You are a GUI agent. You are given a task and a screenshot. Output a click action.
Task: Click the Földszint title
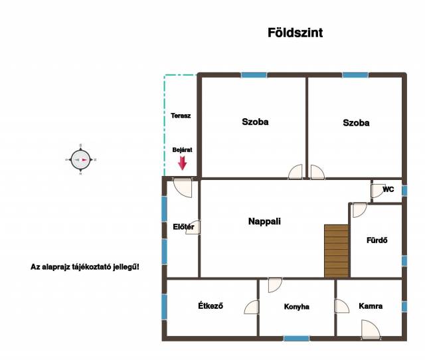coord(295,33)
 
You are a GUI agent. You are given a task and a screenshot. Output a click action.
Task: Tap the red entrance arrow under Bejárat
coord(183,163)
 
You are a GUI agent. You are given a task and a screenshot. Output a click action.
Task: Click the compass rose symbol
coord(81,159)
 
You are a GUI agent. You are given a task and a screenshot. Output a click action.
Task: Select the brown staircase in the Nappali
coord(337,251)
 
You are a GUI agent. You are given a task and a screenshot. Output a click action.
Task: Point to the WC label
coord(388,189)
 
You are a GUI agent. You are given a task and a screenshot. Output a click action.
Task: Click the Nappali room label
coord(264,221)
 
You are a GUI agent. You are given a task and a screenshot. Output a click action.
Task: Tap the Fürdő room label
coord(377,240)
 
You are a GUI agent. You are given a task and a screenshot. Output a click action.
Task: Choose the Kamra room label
coord(371,306)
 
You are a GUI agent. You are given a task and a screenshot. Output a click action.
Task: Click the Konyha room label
coord(297,307)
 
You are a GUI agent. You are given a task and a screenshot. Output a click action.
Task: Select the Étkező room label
coord(211,306)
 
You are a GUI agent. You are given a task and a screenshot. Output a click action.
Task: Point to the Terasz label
coord(181,116)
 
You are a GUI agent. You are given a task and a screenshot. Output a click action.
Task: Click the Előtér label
coord(183,226)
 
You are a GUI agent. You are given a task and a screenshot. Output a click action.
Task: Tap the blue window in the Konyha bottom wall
coord(296,338)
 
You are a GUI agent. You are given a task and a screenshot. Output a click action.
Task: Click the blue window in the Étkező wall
coord(164,307)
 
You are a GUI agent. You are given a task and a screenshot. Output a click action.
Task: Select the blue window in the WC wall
coord(404,191)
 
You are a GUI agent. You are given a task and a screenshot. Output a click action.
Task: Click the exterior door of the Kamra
coord(371,329)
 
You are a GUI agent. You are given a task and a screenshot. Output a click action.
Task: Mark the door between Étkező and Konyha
coord(252,307)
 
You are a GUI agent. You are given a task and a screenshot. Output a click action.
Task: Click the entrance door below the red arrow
coord(183,187)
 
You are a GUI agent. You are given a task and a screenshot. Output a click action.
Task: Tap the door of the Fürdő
coord(360,210)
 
